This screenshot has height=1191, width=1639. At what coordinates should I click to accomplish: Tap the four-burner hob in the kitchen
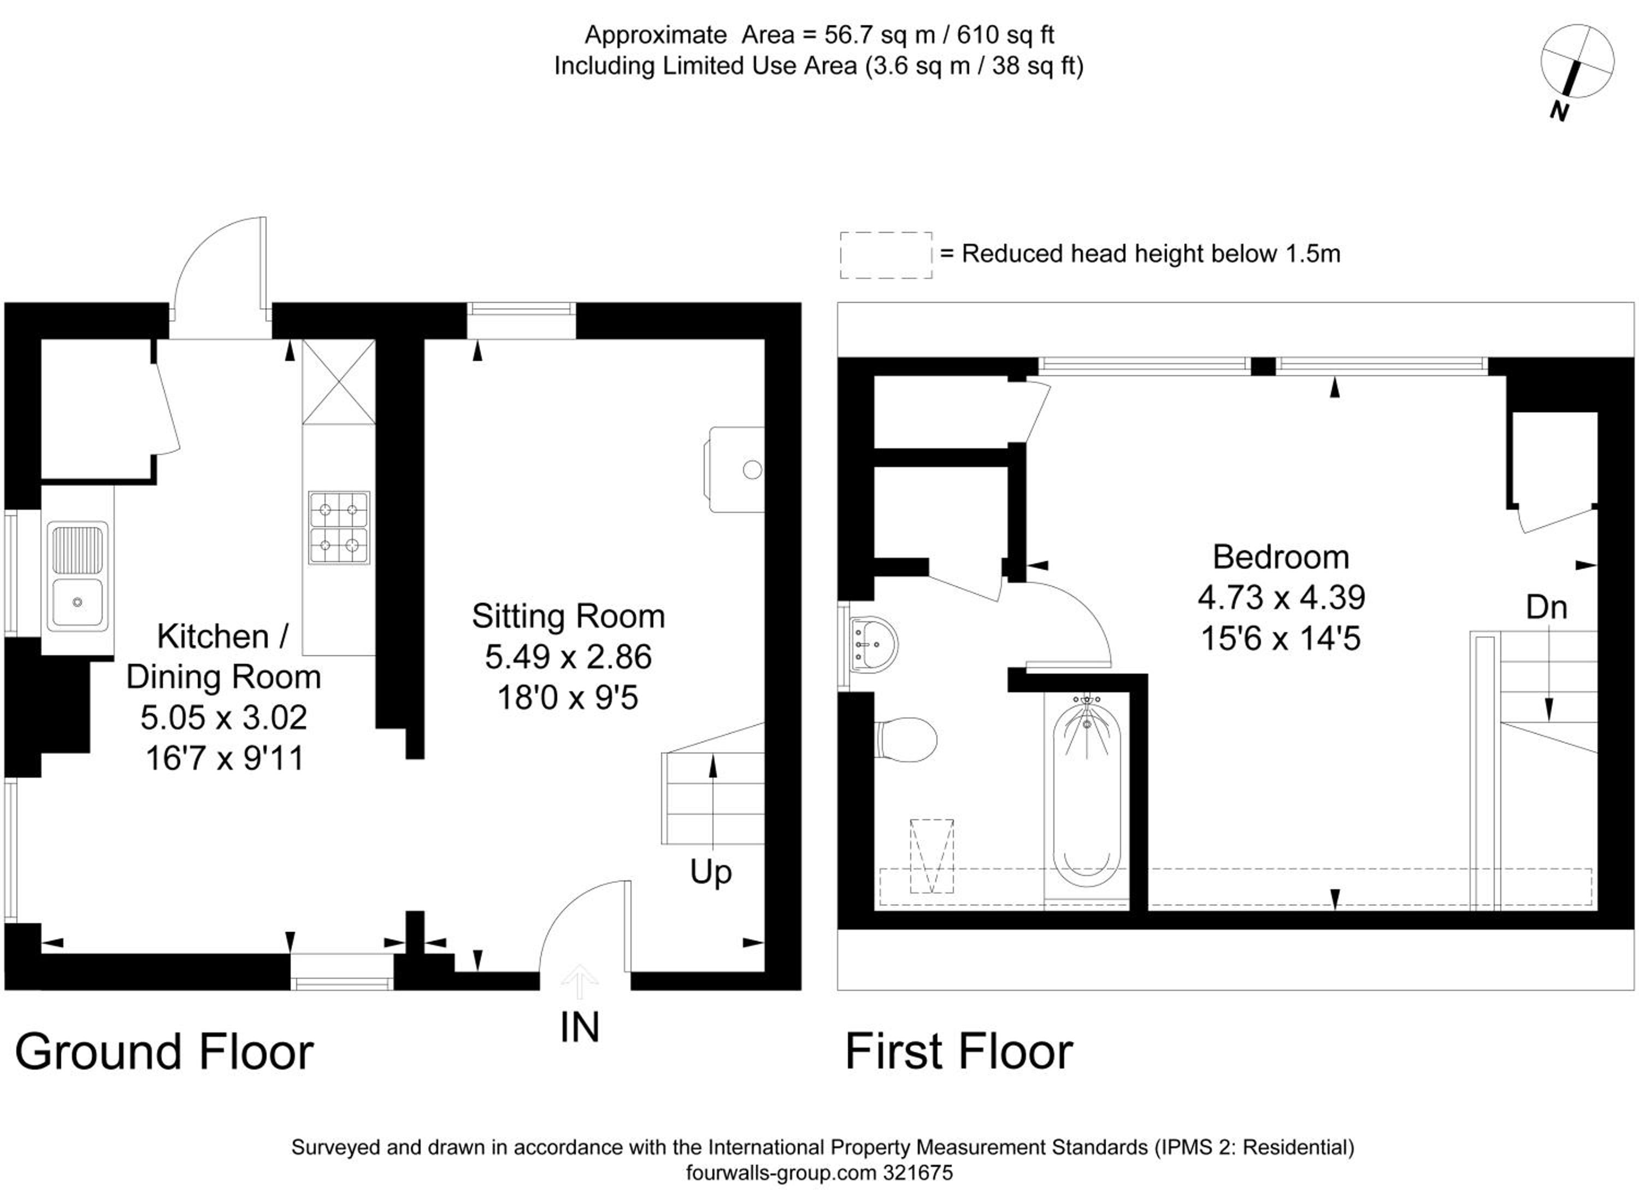coord(339,528)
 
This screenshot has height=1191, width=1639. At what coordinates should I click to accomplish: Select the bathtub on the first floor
coord(1087,796)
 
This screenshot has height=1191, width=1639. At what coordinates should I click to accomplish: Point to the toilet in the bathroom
coord(905,739)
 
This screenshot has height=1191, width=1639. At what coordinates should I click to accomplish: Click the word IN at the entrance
coord(580,1027)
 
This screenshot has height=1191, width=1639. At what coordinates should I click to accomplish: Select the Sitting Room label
coord(568,616)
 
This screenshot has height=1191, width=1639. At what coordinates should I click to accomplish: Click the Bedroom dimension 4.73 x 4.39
coord(1281,597)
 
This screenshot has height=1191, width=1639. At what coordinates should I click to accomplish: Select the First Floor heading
coord(959,1052)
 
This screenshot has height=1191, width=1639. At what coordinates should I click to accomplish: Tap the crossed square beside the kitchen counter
coord(339,382)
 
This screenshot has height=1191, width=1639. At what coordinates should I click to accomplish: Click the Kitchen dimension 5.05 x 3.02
coord(224,717)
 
